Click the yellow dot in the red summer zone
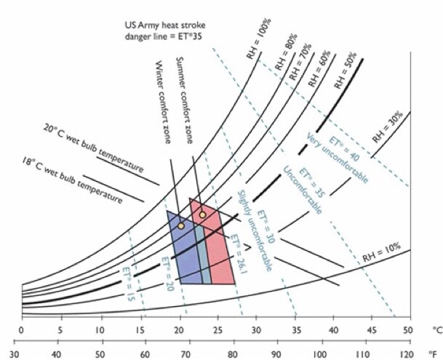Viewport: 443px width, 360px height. pos(202,215)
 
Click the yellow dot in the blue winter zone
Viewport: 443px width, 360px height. pos(181,225)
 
